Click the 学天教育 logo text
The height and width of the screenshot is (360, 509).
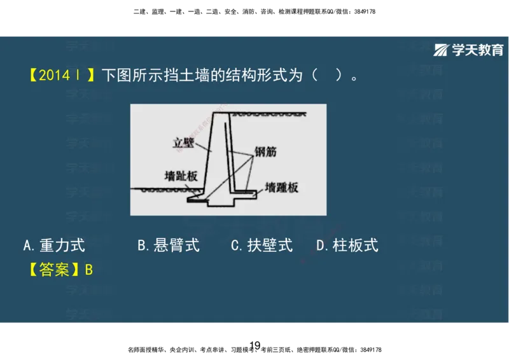pos(478,50)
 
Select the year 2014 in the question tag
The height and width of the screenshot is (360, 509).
pos(55,75)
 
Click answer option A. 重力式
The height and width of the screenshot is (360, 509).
pos(53,245)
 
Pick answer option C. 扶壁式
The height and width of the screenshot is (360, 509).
pos(261,245)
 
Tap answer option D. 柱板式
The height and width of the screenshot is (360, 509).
pos(347,245)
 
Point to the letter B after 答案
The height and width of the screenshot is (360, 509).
pos(89,270)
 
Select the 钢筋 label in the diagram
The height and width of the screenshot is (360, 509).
pos(266,152)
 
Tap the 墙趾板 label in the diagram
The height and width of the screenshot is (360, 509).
pos(181,176)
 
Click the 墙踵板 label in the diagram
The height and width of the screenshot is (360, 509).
pos(281,188)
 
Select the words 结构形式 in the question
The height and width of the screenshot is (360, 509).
pos(251,75)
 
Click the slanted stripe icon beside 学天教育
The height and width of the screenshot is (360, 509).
pos(442,50)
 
